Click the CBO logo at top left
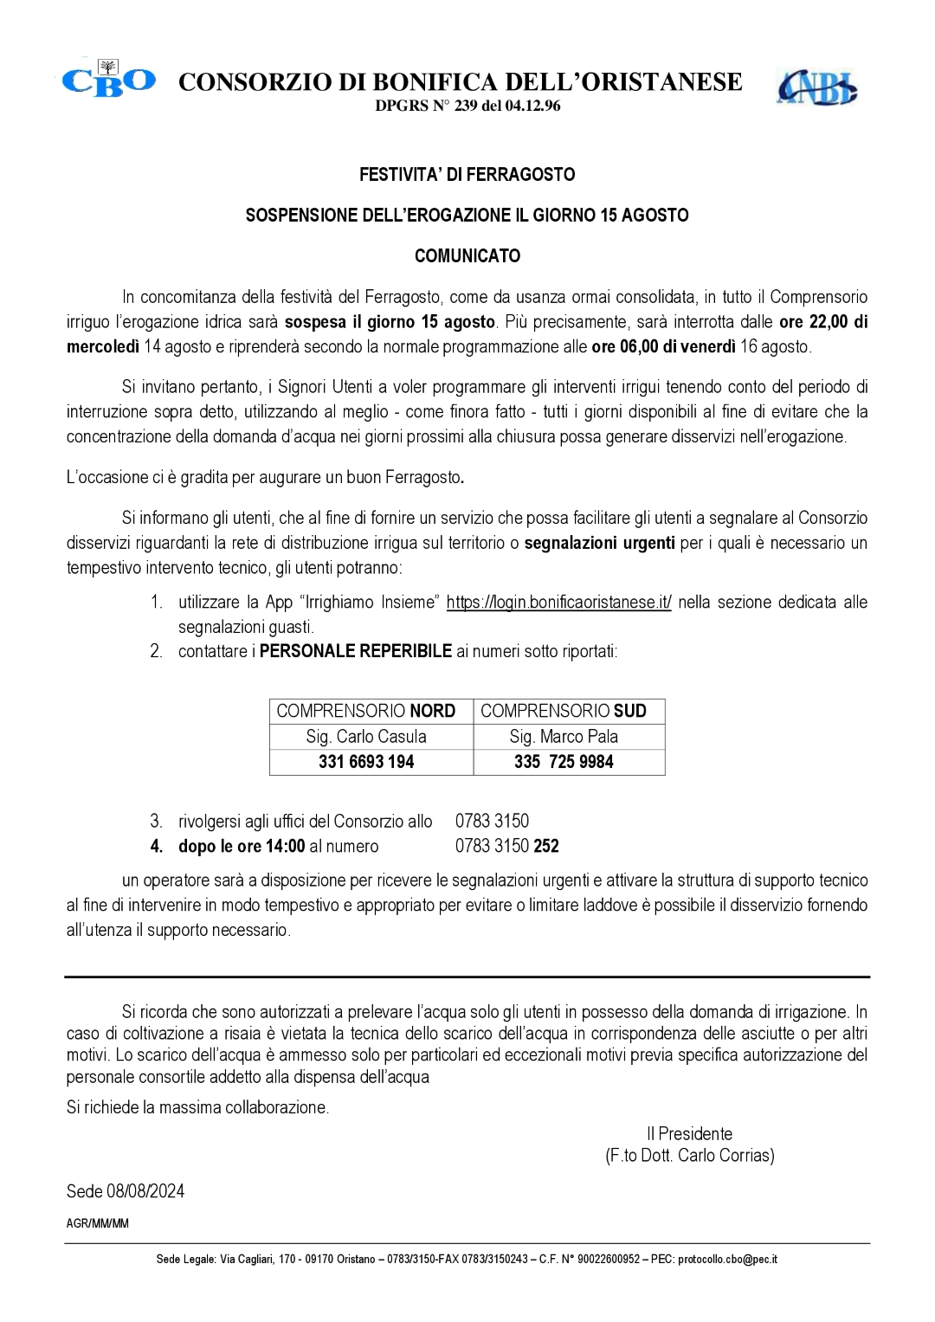pos(108,81)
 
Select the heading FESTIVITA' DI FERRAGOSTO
pos(467,175)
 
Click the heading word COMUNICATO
pos(467,256)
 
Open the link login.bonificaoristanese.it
pos(558,603)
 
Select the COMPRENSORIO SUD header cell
pos(564,711)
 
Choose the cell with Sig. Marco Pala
pos(564,737)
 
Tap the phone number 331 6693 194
pos(366,762)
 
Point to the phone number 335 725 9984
pos(564,762)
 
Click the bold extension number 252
pos(546,846)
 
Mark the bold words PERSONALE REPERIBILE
pos(356,652)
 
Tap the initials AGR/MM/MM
pos(97,1223)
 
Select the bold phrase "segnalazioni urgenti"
pos(600,544)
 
